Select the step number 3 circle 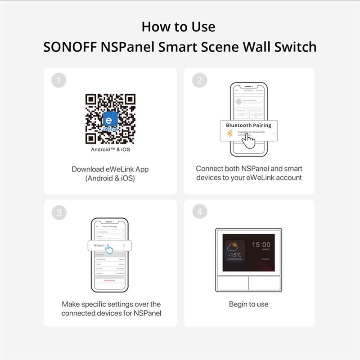[x=59, y=213]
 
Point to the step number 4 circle [x=199, y=213]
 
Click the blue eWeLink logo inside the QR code [x=110, y=120]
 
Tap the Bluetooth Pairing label [x=248, y=126]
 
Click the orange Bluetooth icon [x=229, y=134]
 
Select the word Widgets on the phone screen [x=99, y=245]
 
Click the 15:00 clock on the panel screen [x=261, y=245]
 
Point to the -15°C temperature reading [x=234, y=255]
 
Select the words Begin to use [x=248, y=304]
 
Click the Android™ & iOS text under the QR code [x=110, y=149]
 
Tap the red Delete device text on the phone [x=110, y=280]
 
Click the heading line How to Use [x=179, y=27]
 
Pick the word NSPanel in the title [x=127, y=47]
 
